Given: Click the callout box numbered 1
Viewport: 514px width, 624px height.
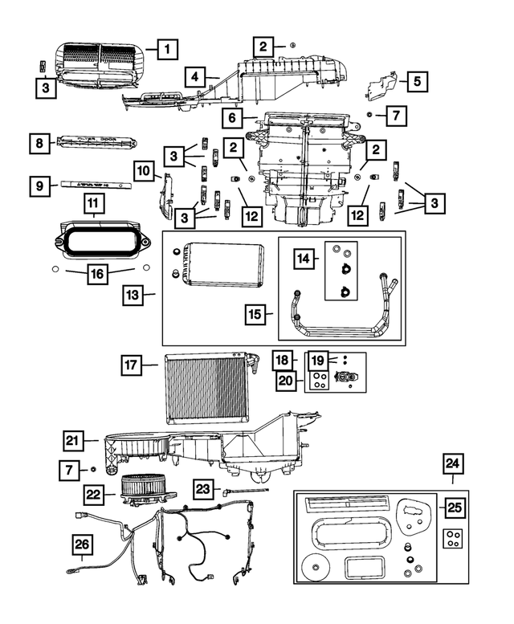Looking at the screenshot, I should click(x=167, y=50).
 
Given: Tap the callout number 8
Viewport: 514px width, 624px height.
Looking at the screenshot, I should click(x=39, y=144).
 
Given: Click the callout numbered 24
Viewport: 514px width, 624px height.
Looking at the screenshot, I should click(x=453, y=464).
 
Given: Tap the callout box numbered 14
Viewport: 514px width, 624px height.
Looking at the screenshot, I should click(x=304, y=259).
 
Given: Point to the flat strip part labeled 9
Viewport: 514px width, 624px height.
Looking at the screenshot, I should click(x=96, y=183).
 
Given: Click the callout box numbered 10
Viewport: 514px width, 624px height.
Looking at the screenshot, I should click(x=143, y=171).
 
